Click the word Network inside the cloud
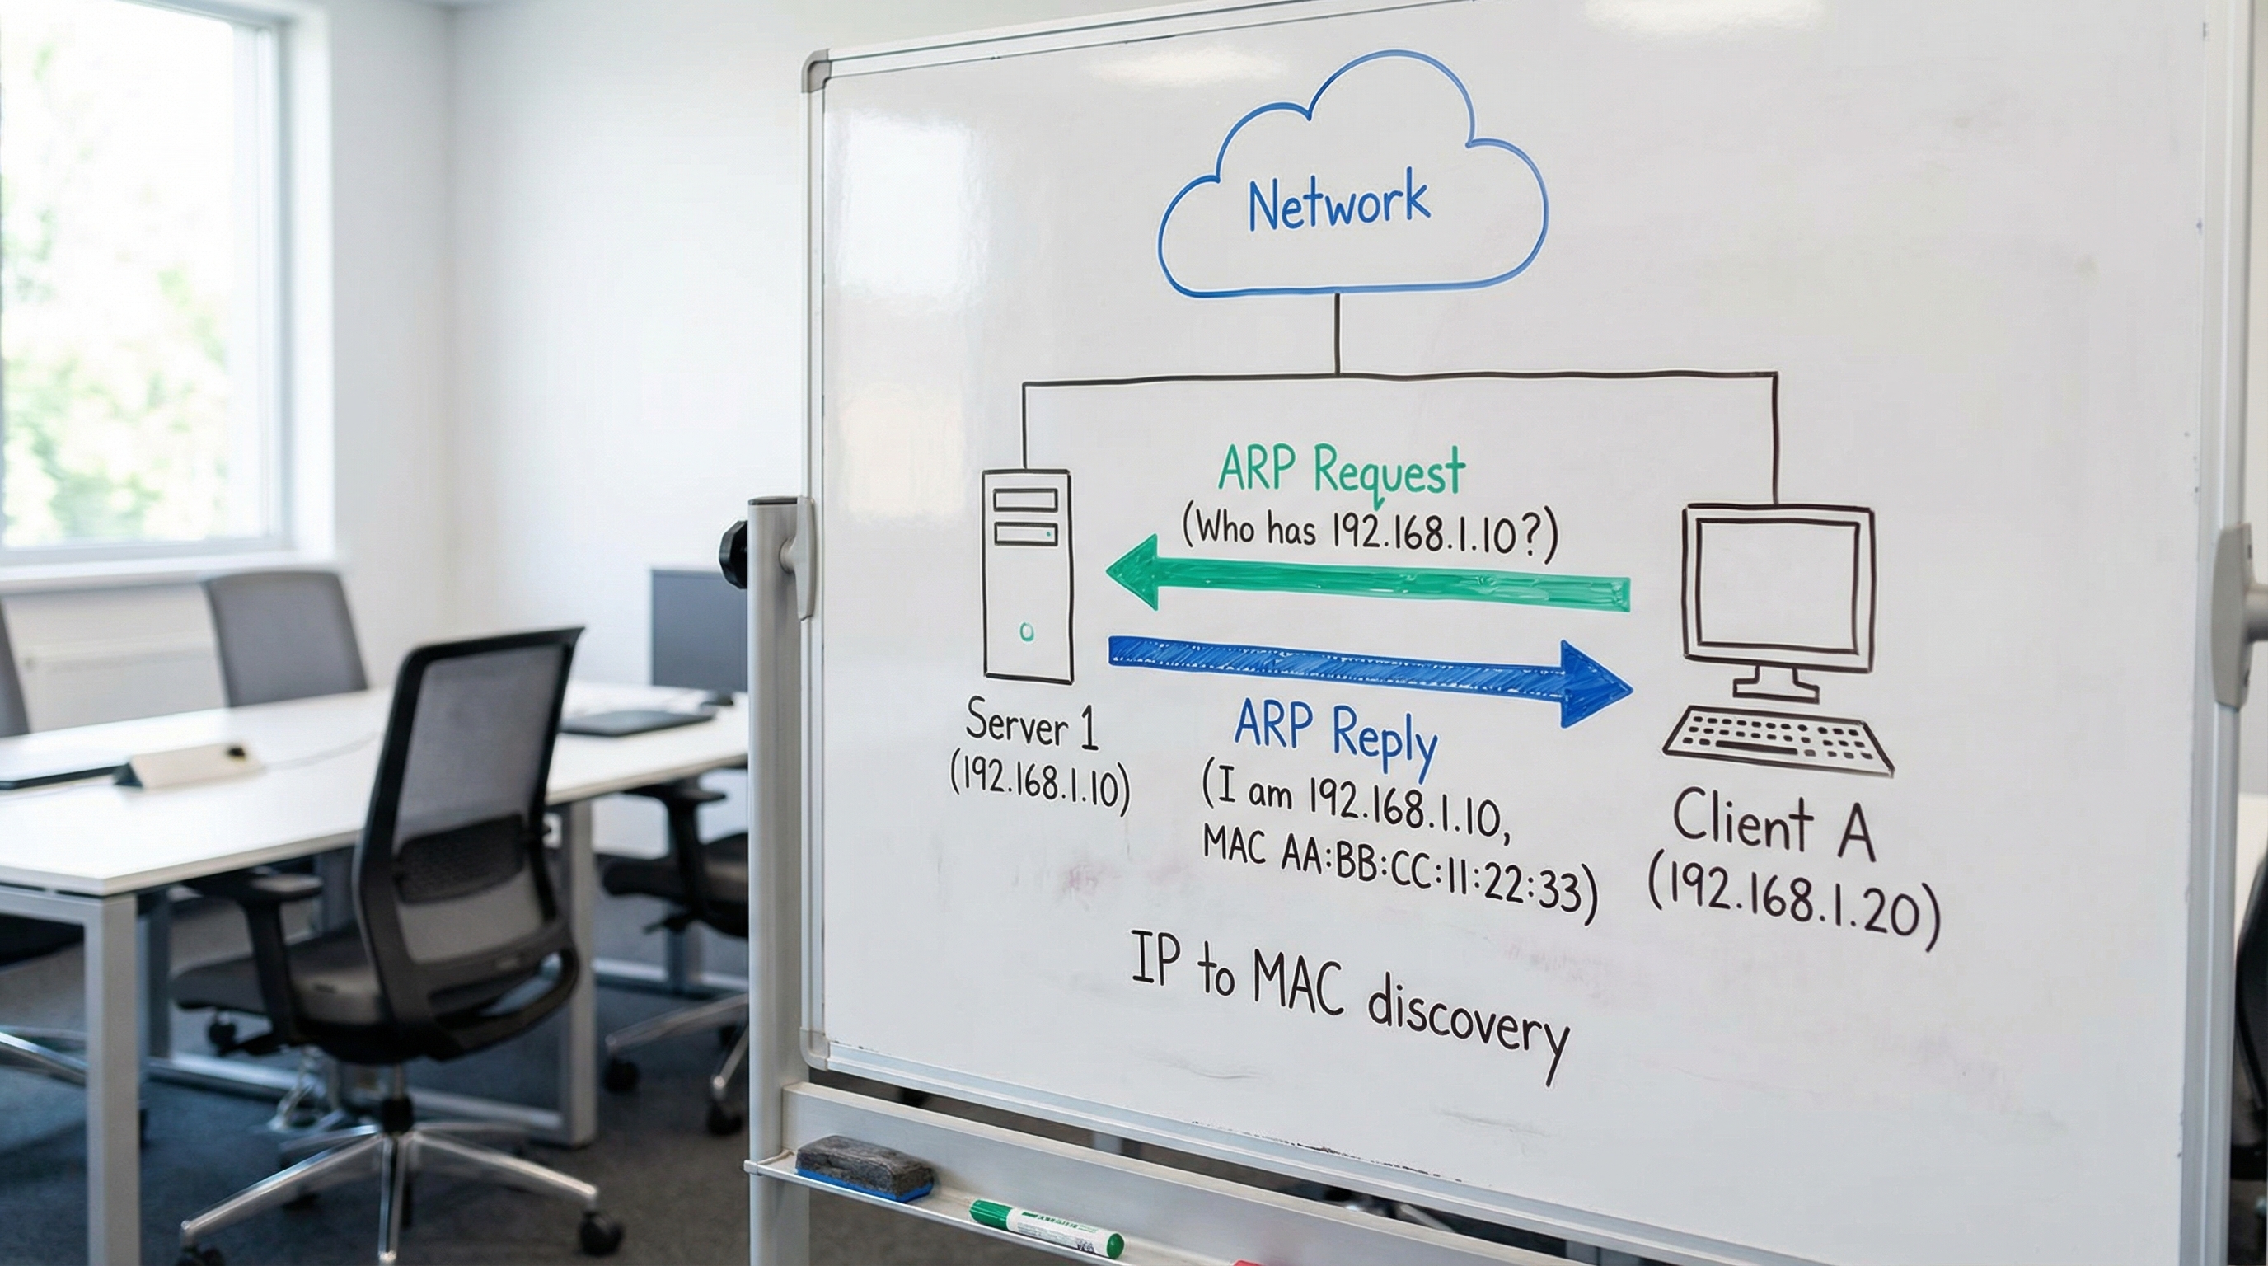click(x=1338, y=202)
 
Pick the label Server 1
click(x=1032, y=724)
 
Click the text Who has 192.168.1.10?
click(x=1368, y=531)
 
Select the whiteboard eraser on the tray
click(x=864, y=1165)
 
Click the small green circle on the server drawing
click(x=1027, y=631)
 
